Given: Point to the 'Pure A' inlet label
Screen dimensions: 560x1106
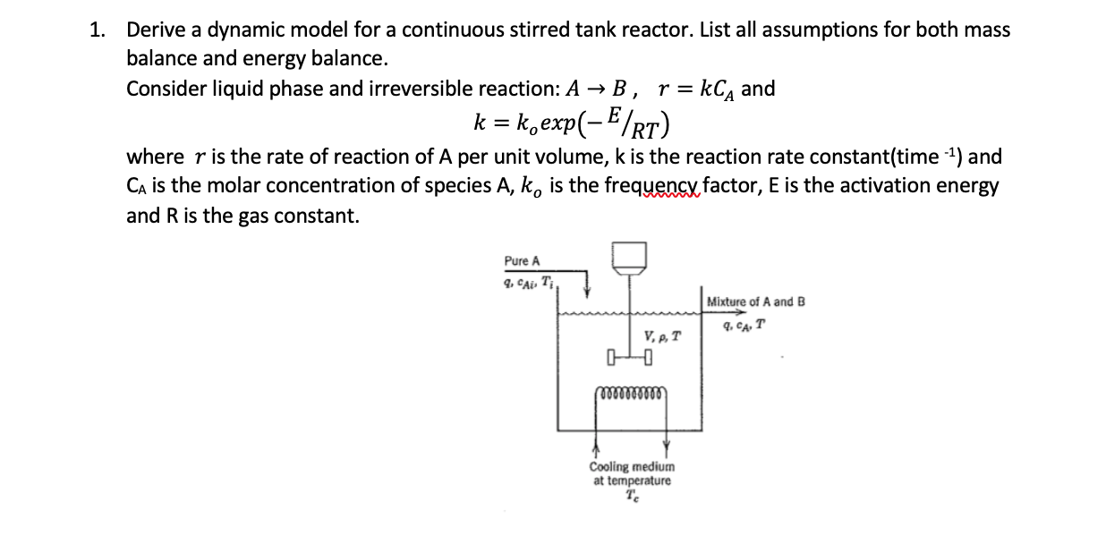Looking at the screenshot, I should point(522,261).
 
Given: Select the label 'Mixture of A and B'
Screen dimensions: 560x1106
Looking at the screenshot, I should point(755,301).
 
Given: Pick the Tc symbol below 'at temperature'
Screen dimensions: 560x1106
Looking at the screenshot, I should point(633,496).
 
